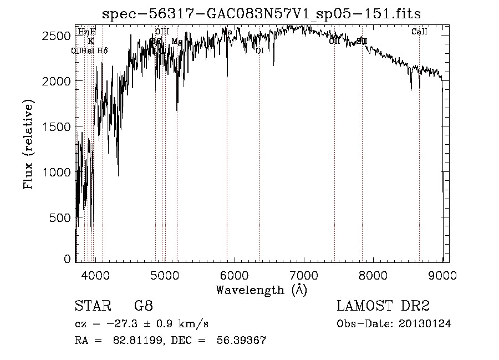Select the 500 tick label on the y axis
pyautogui.click(x=60, y=218)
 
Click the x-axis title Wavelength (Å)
pyautogui.click(x=261, y=290)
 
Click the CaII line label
pyautogui.click(x=419, y=32)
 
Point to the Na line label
pyautogui.click(x=227, y=32)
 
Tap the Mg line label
pyautogui.click(x=177, y=42)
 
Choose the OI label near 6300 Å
pyautogui.click(x=259, y=51)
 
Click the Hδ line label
pyautogui.click(x=102, y=51)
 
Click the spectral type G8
pyautogui.click(x=143, y=306)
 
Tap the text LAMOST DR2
pyautogui.click(x=383, y=306)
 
